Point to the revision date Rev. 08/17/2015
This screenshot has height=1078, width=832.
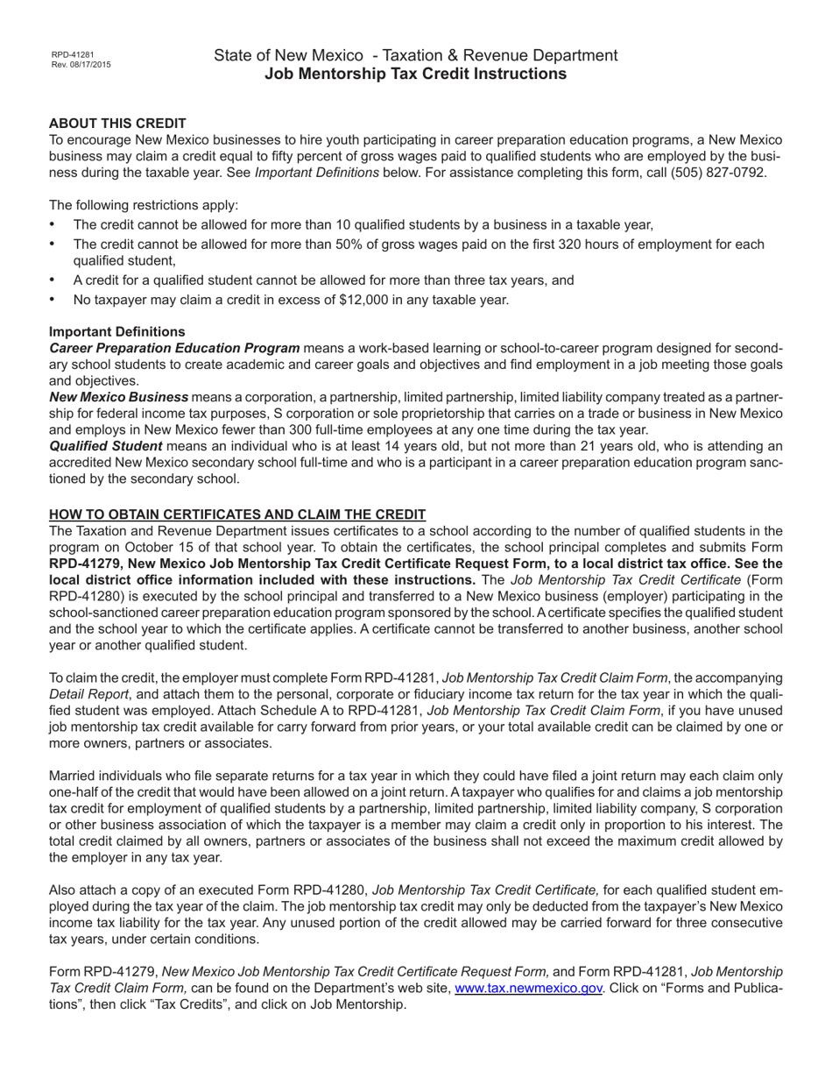click(x=81, y=65)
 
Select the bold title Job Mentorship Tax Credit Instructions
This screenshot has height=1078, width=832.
click(x=415, y=74)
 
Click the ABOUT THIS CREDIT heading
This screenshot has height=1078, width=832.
click(x=117, y=123)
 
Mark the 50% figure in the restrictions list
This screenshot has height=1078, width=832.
click(x=347, y=244)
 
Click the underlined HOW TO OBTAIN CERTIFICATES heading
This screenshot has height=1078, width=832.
click(x=237, y=514)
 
